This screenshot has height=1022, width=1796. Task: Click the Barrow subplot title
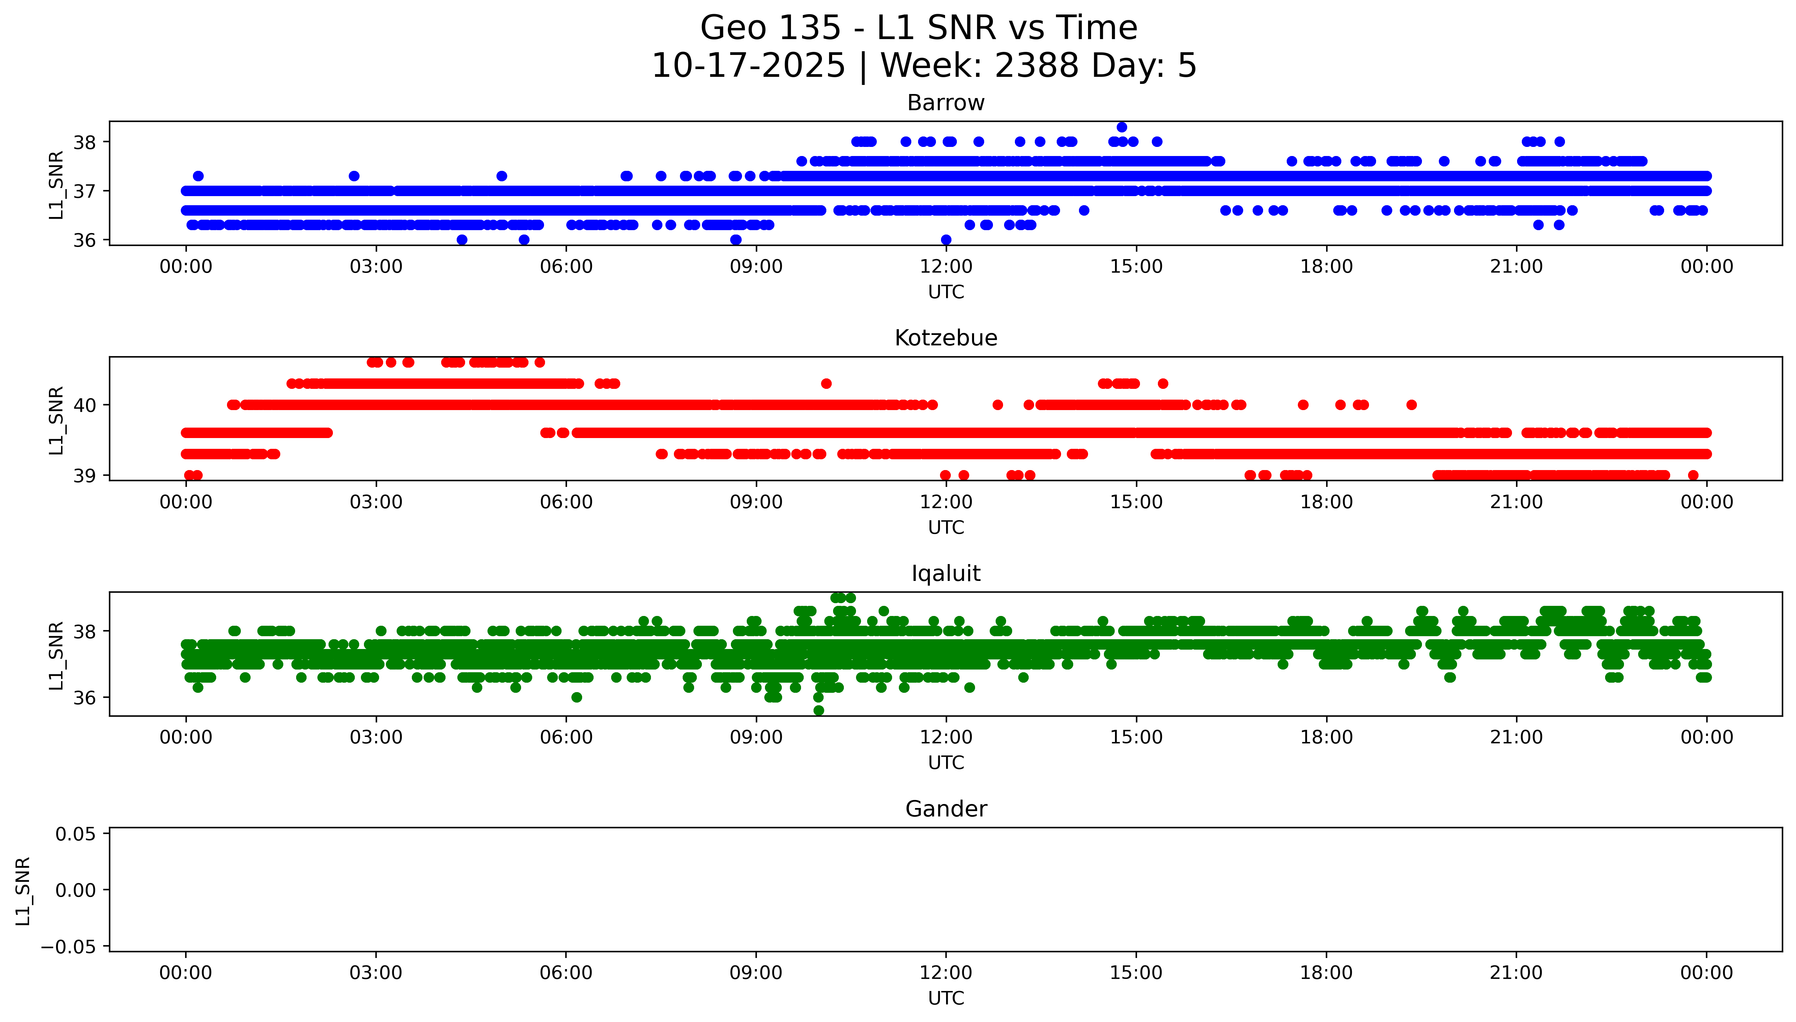click(945, 103)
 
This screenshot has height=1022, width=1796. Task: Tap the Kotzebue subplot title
click(945, 338)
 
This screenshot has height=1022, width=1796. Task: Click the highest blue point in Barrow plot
click(1122, 127)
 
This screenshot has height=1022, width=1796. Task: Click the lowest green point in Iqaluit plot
click(818, 710)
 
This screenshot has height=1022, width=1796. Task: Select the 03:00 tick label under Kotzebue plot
click(376, 502)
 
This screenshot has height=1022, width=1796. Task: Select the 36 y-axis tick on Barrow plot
click(85, 240)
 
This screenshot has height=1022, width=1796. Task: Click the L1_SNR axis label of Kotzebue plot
click(56, 420)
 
